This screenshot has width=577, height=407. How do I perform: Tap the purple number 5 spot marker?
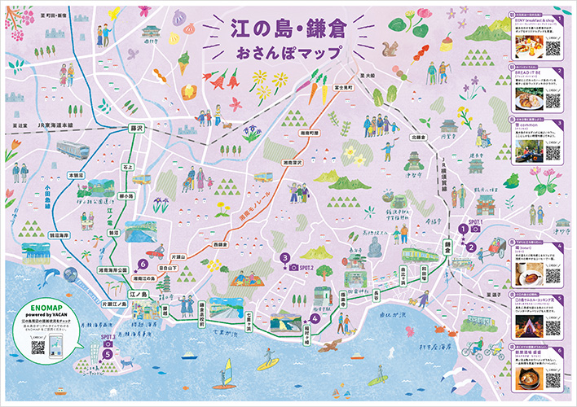point(108,354)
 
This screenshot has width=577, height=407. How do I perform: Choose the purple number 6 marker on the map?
point(143,265)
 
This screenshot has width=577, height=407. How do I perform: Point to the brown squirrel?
point(393,48)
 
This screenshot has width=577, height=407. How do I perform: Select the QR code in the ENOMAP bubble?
point(37,347)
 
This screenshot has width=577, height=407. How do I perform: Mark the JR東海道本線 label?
point(56,125)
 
